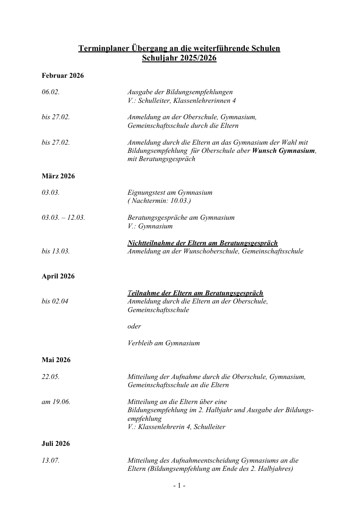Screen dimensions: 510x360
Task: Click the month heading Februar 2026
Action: click(63, 76)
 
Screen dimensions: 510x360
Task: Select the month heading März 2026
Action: click(58, 176)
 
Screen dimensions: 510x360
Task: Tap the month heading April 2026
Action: click(58, 276)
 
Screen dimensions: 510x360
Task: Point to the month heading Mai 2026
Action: click(56, 360)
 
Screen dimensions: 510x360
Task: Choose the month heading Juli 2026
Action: click(56, 444)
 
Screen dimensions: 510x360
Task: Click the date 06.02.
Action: click(51, 92)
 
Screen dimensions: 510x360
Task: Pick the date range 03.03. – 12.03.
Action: click(63, 217)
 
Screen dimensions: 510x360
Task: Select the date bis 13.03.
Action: click(56, 251)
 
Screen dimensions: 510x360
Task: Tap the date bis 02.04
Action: click(55, 301)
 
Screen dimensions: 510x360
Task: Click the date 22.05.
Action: click(51, 377)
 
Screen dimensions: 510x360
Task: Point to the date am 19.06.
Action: click(56, 402)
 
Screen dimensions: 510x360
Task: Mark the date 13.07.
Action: click(51, 460)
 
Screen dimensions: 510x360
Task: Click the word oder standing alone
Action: click(134, 326)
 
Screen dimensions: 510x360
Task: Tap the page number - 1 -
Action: click(179, 486)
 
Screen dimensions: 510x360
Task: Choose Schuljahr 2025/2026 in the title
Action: click(179, 58)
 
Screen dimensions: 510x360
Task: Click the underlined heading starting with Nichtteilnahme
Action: click(203, 243)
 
